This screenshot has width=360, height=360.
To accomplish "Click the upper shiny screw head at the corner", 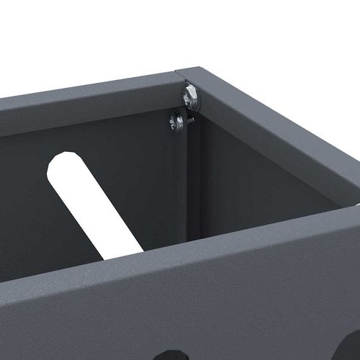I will coord(191,96).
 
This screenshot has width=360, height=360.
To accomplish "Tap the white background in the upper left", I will coord(58,36).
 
